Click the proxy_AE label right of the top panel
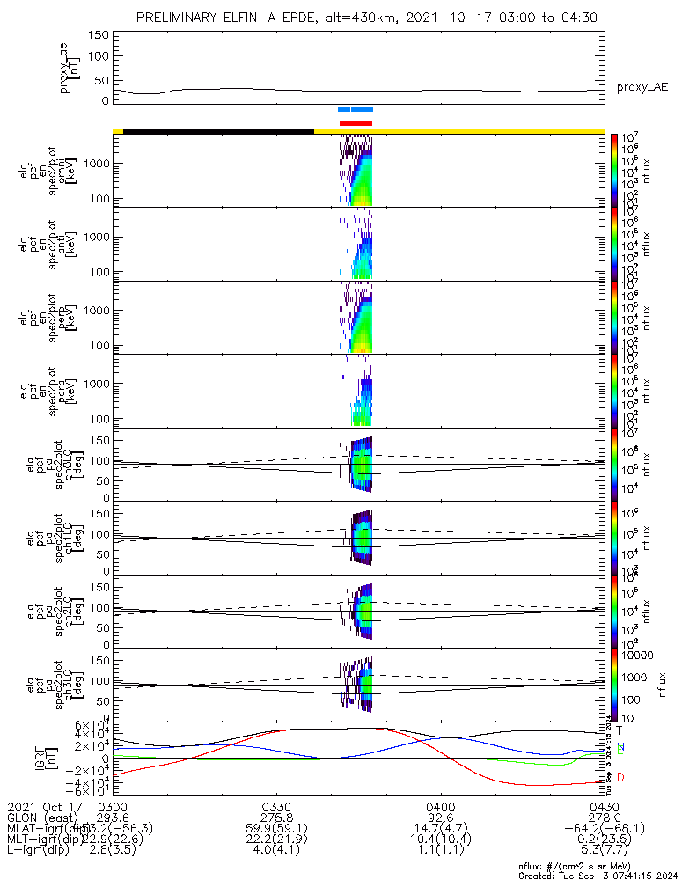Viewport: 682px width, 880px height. [x=642, y=87]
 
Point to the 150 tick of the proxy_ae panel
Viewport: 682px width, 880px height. [x=99, y=35]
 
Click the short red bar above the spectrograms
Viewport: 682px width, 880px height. [x=356, y=123]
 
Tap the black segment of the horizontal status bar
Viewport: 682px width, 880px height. [x=218, y=131]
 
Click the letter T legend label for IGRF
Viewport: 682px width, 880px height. [x=620, y=730]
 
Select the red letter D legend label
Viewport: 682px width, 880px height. [x=620, y=777]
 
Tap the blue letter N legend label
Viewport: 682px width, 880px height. [x=620, y=746]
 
